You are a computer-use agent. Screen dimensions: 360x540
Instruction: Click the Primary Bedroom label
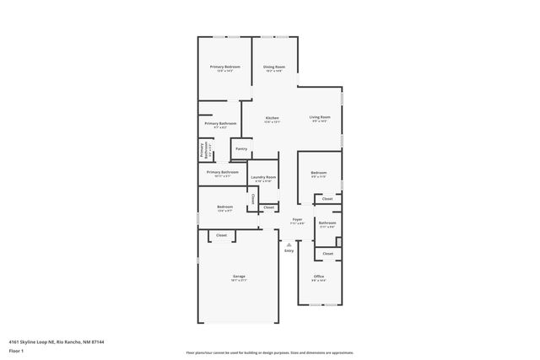[x=224, y=67]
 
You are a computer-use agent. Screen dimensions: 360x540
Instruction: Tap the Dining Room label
[x=273, y=67]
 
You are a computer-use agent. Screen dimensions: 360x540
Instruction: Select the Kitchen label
[x=272, y=118]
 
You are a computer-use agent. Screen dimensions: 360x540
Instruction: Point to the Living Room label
[x=319, y=117]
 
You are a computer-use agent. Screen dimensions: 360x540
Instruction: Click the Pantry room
[x=240, y=149]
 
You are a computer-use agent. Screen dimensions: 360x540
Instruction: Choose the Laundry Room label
[x=263, y=177]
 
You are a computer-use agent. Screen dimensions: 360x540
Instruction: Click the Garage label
[x=239, y=277]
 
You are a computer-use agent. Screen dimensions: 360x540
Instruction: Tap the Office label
[x=319, y=277]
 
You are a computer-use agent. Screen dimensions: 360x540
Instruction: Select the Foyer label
[x=297, y=219]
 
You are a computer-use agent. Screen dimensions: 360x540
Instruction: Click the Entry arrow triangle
[x=289, y=244]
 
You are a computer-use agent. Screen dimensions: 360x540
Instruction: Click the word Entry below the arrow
[x=289, y=250]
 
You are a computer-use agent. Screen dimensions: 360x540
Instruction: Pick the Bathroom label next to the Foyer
[x=327, y=223]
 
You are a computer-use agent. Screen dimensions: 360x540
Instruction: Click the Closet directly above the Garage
[x=221, y=235]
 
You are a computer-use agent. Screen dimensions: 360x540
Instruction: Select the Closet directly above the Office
[x=327, y=253]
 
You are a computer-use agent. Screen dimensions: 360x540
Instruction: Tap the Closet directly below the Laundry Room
[x=268, y=207]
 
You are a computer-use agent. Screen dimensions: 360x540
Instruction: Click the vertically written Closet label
[x=252, y=199]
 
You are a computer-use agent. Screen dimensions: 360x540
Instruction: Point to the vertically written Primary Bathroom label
[x=203, y=150]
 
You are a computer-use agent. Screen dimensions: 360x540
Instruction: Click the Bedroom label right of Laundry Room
[x=319, y=175]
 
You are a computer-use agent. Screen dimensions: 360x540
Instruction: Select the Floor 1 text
[x=15, y=350]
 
